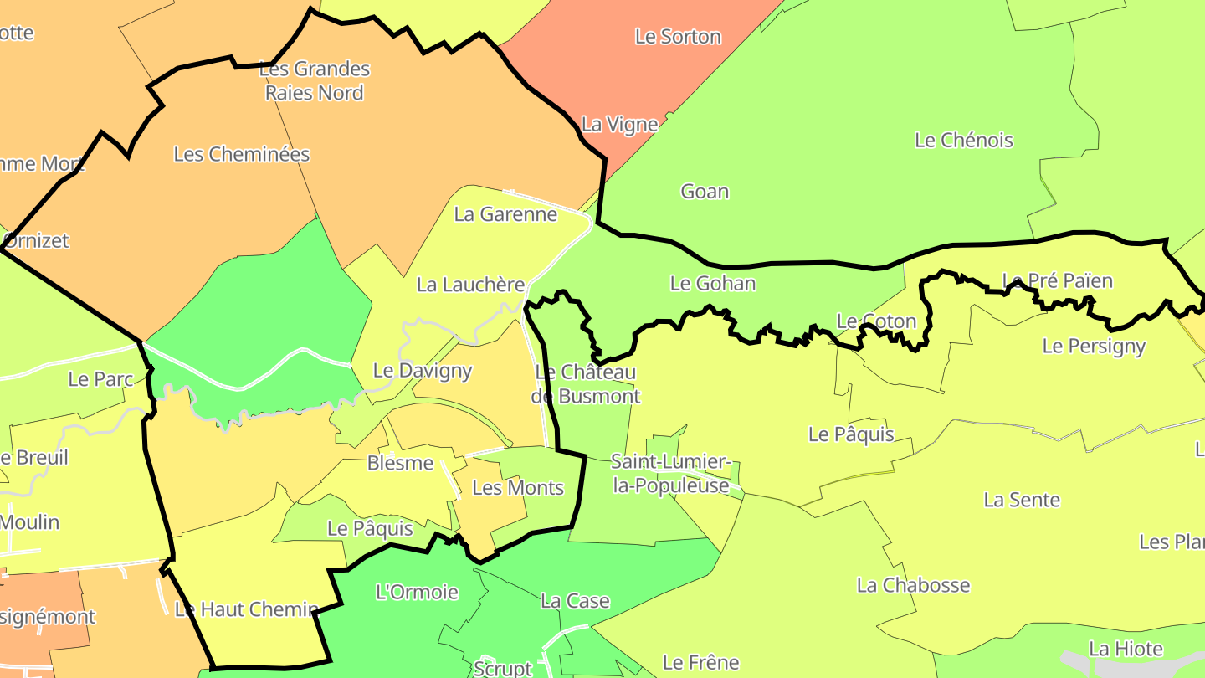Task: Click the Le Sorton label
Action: pos(678,37)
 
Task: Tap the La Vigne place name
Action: pos(619,125)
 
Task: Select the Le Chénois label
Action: pos(963,141)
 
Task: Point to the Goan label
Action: pos(705,192)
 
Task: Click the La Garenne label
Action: pos(505,214)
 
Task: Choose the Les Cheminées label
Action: pos(242,154)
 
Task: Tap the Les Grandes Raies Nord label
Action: pos(315,80)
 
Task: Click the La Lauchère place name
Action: pos(470,285)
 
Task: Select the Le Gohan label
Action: pos(713,284)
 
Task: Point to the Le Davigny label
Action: pos(423,370)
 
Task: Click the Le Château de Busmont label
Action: pos(586,383)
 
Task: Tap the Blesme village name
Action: pos(400,463)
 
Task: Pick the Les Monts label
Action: pos(518,488)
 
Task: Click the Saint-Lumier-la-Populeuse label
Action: pos(671,473)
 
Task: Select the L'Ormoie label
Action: pos(417,593)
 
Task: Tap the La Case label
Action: pos(575,601)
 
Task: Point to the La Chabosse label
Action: pos(913,585)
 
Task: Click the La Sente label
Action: pos(1022,501)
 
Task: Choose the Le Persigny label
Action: pos(1094,346)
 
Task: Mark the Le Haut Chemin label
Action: pos(246,609)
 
